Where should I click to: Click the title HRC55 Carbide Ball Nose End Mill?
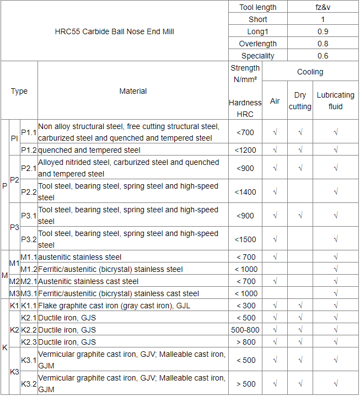click(x=115, y=31)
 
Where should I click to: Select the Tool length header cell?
click(x=257, y=7)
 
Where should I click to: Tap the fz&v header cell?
click(x=323, y=7)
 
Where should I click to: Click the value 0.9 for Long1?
click(x=323, y=31)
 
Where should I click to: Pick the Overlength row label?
click(x=257, y=44)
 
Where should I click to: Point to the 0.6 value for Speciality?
click(x=323, y=56)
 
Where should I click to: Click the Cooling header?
click(x=310, y=72)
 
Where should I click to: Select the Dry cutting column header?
click(x=300, y=101)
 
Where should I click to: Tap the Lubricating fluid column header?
click(x=335, y=101)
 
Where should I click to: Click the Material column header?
click(x=133, y=91)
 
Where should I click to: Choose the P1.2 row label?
click(x=29, y=150)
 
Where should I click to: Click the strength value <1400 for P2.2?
click(x=245, y=192)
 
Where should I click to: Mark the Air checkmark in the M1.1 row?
click(x=275, y=257)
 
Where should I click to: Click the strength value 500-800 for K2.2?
click(x=245, y=330)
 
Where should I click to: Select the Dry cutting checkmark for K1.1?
click(x=300, y=306)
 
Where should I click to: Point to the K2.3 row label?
click(x=29, y=342)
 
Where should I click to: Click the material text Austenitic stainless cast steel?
click(x=88, y=281)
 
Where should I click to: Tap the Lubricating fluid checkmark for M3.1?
click(x=335, y=293)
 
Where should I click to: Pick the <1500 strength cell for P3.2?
click(x=245, y=239)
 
